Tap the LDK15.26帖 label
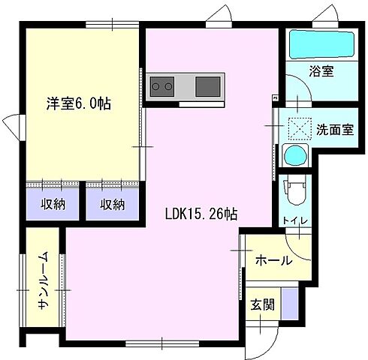[x=202, y=214]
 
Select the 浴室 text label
[x=321, y=72]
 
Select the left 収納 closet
[x=52, y=204]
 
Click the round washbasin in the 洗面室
[x=294, y=156]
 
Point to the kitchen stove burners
[x=161, y=86]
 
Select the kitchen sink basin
[x=208, y=86]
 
